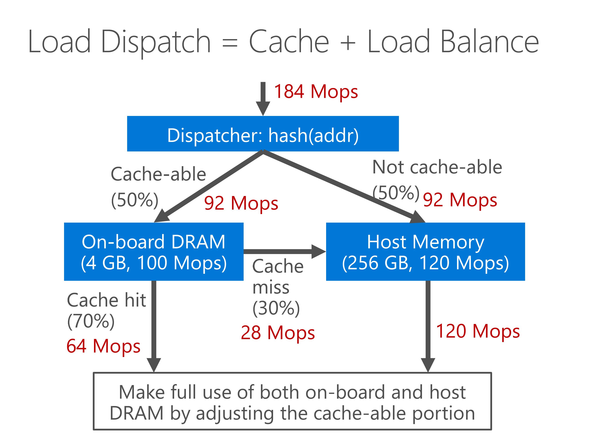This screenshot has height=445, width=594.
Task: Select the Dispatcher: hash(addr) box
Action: click(x=263, y=134)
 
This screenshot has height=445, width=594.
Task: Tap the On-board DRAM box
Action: click(x=154, y=252)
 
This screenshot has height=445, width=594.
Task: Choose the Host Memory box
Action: click(x=425, y=252)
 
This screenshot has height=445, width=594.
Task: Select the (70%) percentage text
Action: click(x=91, y=321)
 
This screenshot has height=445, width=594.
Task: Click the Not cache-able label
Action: click(x=437, y=167)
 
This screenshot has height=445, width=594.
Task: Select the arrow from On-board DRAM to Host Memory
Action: click(x=285, y=252)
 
